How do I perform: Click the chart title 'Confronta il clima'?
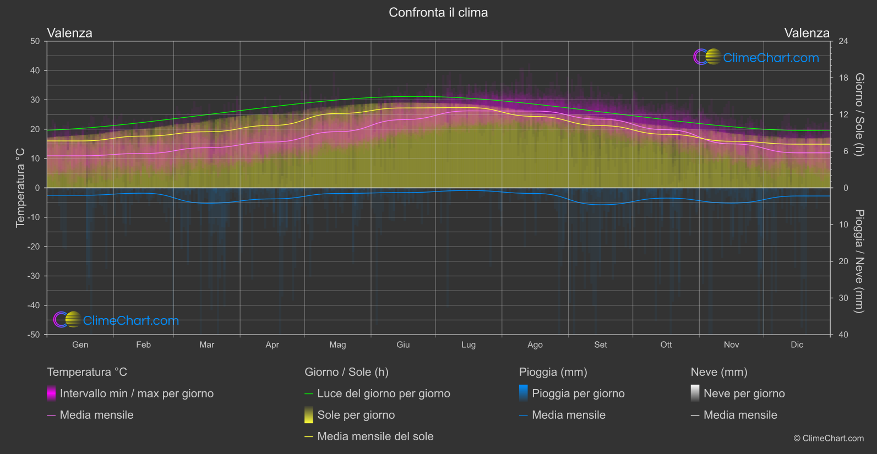pyautogui.click(x=438, y=13)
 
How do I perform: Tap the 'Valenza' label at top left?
pyautogui.click(x=70, y=33)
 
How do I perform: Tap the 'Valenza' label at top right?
pyautogui.click(x=807, y=33)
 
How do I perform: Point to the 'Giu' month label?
pyautogui.click(x=403, y=345)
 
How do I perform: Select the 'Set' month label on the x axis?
pyautogui.click(x=601, y=345)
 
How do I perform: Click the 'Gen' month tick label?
pyautogui.click(x=80, y=345)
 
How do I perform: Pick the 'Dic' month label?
pyautogui.click(x=797, y=345)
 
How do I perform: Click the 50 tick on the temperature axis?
pyautogui.click(x=35, y=41)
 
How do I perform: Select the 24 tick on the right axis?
pyautogui.click(x=843, y=41)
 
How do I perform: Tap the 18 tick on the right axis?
pyautogui.click(x=843, y=78)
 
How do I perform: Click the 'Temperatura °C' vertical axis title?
pyautogui.click(x=20, y=188)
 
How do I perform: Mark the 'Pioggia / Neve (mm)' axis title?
pyautogui.click(x=859, y=261)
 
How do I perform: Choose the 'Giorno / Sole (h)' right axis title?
pyautogui.click(x=859, y=114)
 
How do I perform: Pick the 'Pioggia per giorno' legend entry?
pyautogui.click(x=578, y=393)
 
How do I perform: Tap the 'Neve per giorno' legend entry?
pyautogui.click(x=744, y=393)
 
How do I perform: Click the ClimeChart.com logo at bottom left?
pyautogui.click(x=116, y=320)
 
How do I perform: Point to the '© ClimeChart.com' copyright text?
pyautogui.click(x=829, y=439)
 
